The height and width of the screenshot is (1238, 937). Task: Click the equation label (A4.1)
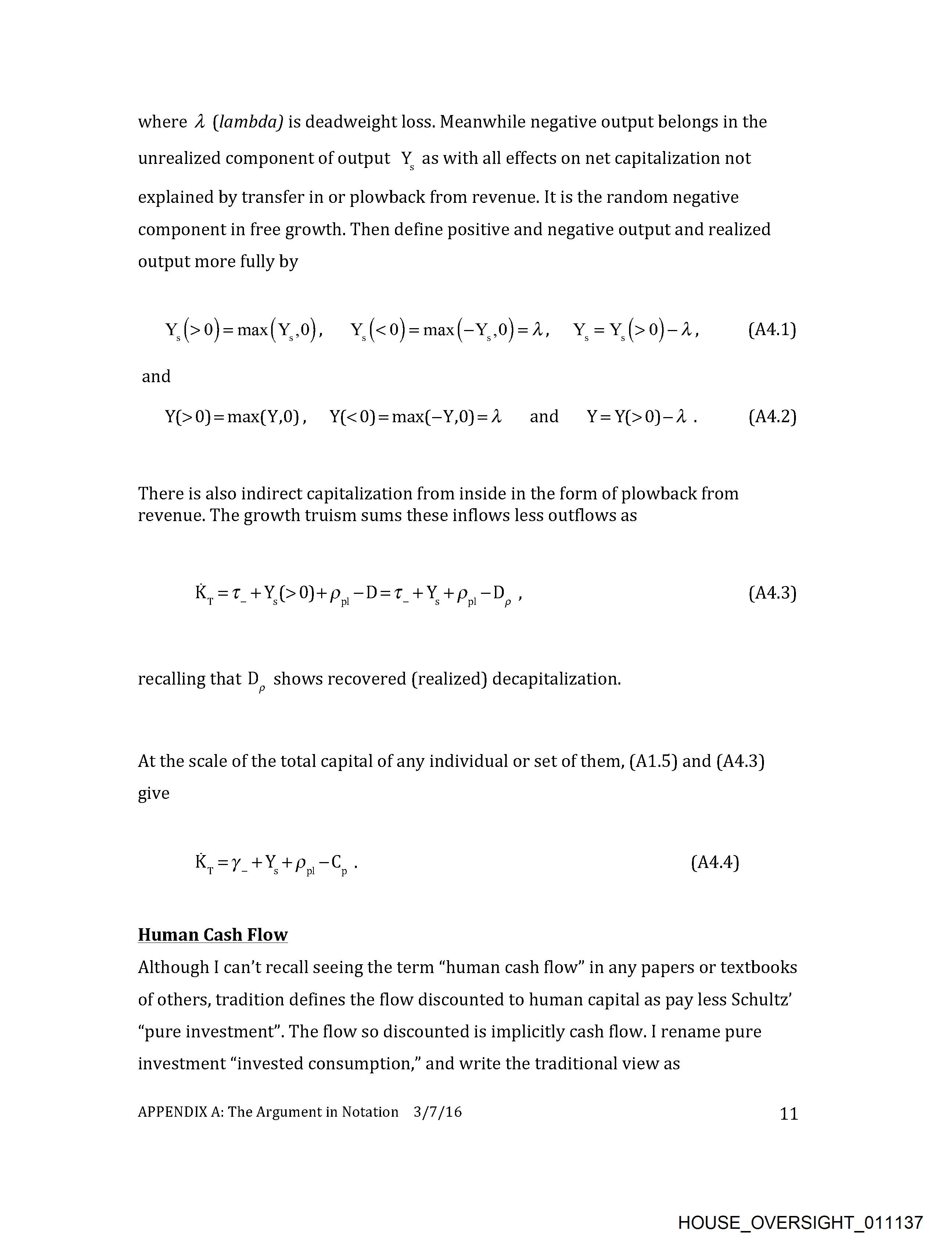[x=772, y=330]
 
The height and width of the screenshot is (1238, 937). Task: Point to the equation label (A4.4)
[x=715, y=862]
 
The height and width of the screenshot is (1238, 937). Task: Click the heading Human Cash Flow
[x=213, y=935]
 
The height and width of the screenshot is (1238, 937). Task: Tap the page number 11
[x=789, y=1114]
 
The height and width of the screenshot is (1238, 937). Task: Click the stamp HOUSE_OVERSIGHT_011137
[x=800, y=1222]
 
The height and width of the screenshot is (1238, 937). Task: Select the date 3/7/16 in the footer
[x=438, y=1112]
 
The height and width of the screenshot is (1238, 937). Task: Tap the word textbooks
[x=758, y=968]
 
